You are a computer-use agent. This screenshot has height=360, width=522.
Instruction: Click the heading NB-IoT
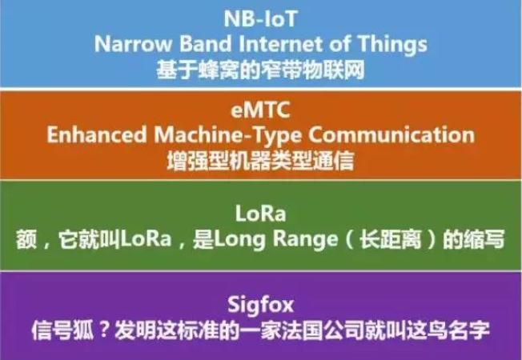click(x=260, y=18)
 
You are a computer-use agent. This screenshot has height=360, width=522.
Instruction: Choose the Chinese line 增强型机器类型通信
click(x=260, y=158)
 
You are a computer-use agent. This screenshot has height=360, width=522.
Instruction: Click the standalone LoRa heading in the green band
click(x=260, y=214)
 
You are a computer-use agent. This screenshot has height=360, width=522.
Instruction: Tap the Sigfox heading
click(x=260, y=303)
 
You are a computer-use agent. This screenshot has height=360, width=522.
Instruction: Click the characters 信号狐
click(x=55, y=328)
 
